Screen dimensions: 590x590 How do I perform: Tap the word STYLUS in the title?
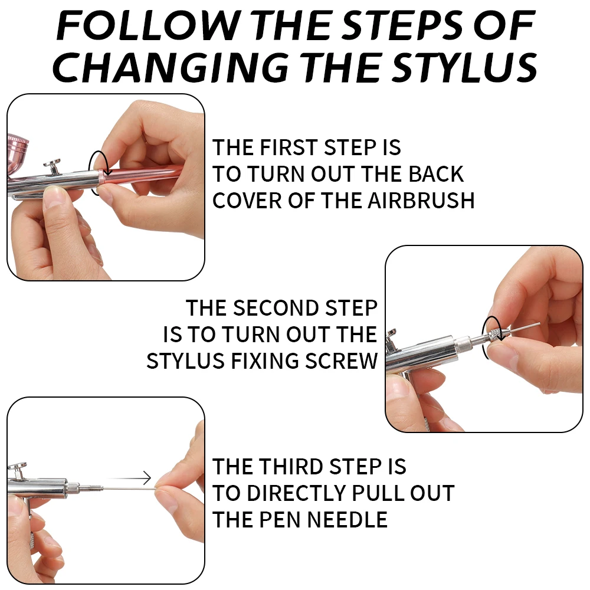(466, 67)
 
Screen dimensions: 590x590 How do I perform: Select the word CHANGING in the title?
(171, 67)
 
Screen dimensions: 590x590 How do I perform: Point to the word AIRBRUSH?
(421, 200)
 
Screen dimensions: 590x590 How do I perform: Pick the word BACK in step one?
(436, 174)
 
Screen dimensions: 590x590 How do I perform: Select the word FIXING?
(265, 361)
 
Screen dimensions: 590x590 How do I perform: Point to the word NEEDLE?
(348, 520)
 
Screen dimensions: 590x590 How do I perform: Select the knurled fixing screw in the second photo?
(494, 334)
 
